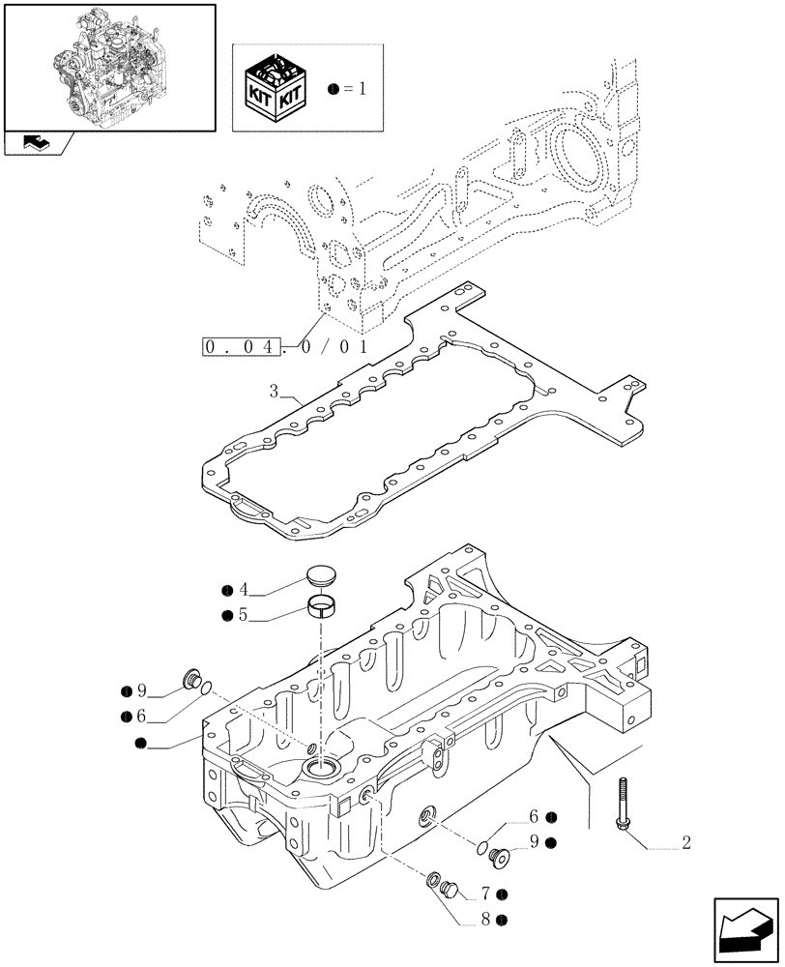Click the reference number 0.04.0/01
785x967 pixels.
coord(285,344)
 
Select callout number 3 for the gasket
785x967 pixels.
coord(276,393)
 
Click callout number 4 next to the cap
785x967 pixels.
coord(244,590)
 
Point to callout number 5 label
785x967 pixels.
coord(244,614)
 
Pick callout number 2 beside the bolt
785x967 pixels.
coord(685,842)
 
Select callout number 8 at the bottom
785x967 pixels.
coord(485,920)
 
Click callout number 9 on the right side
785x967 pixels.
coord(533,842)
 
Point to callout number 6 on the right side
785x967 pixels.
coord(533,817)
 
